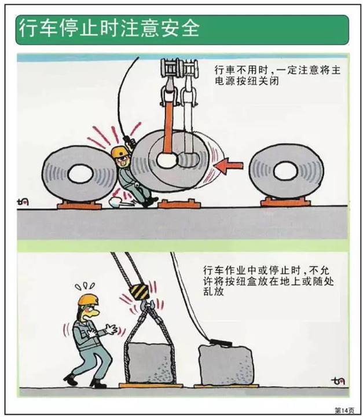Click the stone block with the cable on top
[225, 363]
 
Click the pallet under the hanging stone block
[151, 385]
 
